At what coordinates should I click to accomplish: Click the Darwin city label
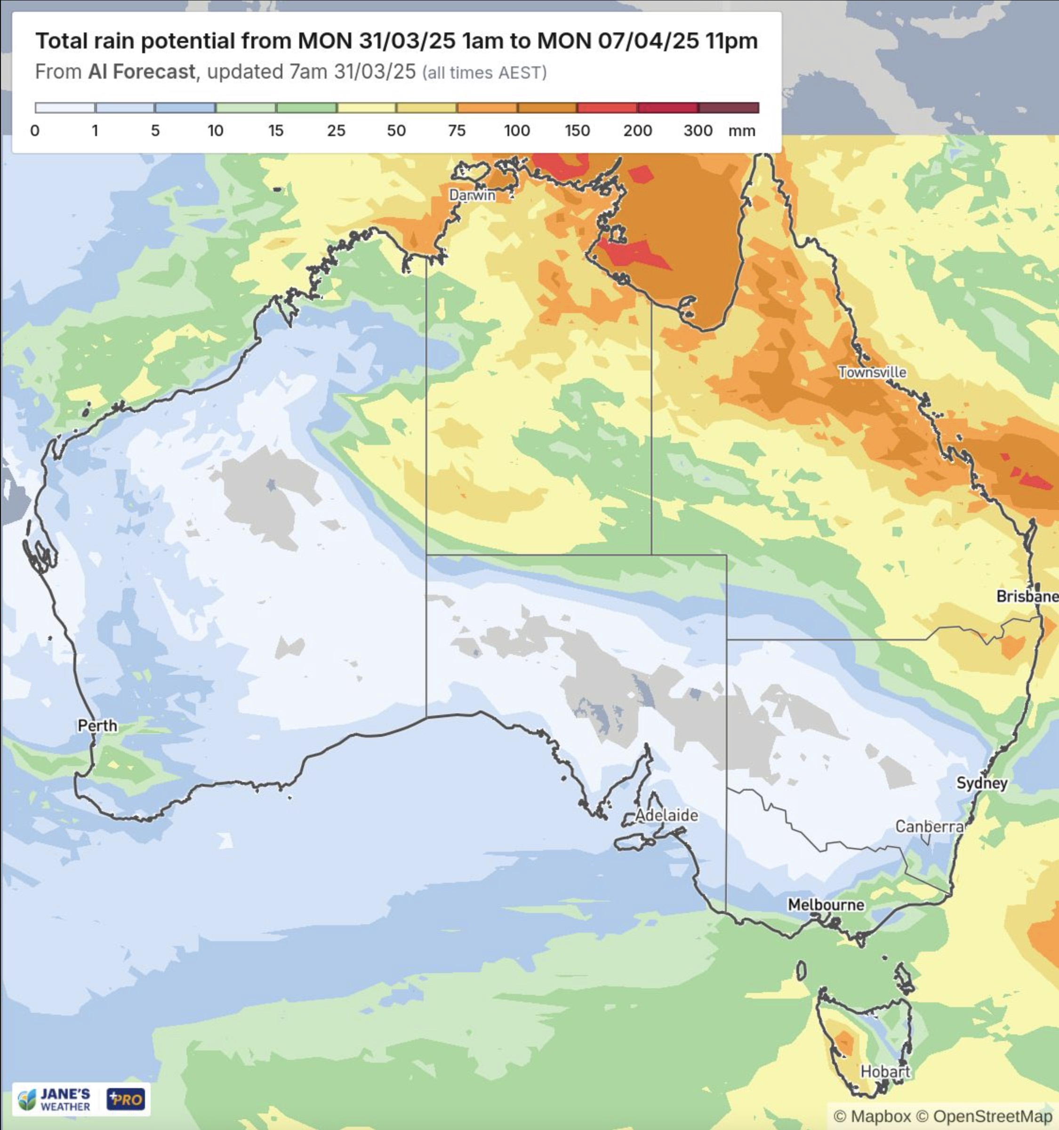[472, 195]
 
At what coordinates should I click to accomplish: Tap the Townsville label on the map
[872, 372]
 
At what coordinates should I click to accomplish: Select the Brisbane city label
[1027, 596]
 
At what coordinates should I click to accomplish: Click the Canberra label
[930, 826]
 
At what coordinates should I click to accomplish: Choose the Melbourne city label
[826, 904]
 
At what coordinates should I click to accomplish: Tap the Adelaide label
[666, 815]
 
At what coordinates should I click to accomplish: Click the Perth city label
[97, 725]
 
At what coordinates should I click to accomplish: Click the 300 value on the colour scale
[698, 131]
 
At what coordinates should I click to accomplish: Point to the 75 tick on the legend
[456, 131]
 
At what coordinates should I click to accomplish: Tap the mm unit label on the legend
[742, 131]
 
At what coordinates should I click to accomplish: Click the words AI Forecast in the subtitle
[142, 72]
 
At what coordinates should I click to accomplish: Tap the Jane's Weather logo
[55, 1099]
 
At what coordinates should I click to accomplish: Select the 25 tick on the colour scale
[336, 131]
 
